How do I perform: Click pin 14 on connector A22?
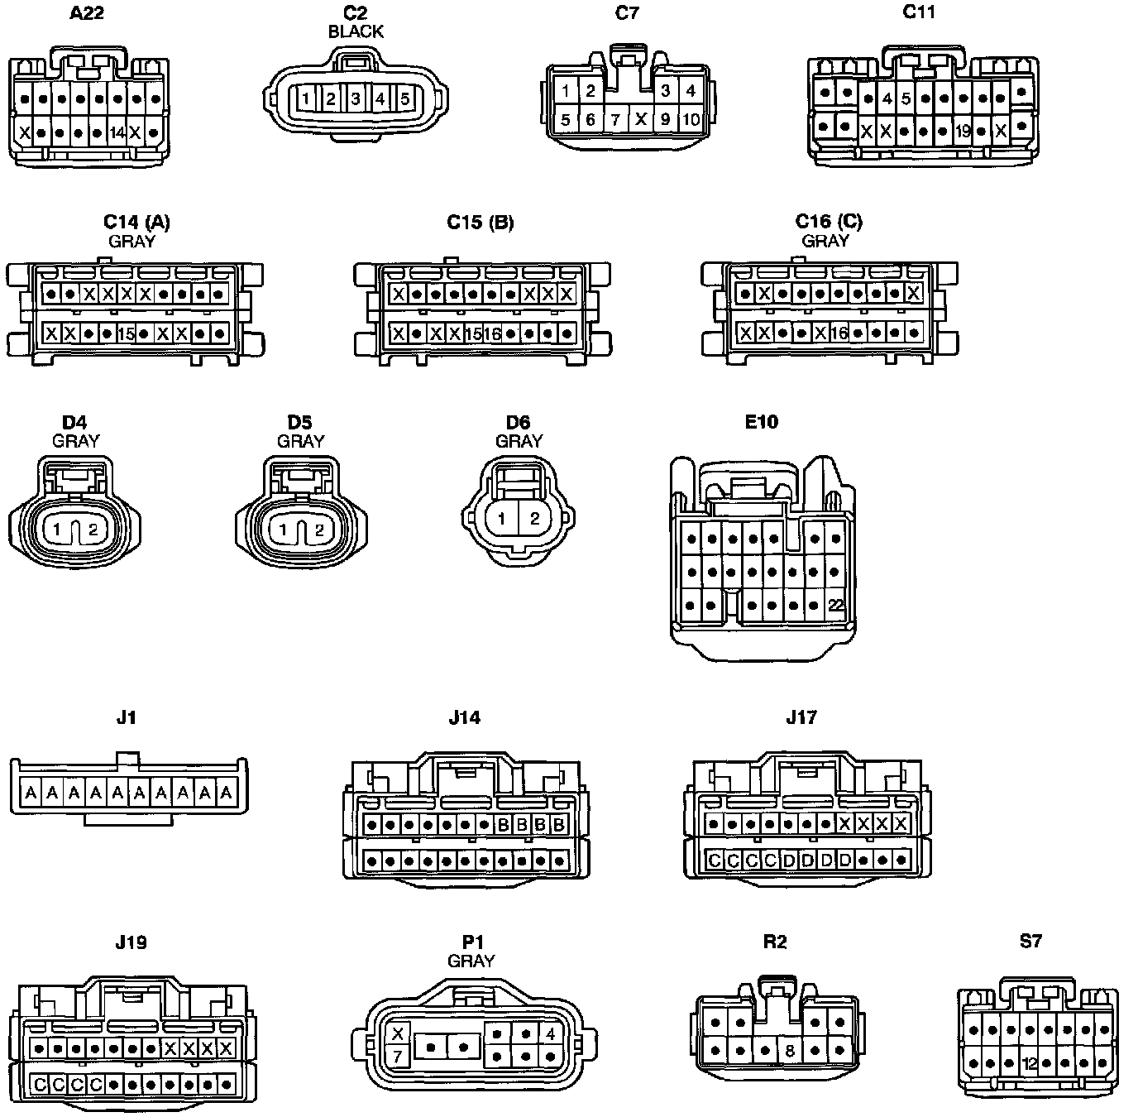[116, 132]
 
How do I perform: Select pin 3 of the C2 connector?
[355, 99]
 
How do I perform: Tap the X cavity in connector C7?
[640, 119]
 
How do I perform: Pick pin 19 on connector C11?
[962, 131]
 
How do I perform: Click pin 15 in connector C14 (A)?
[126, 334]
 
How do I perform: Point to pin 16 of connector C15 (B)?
[492, 334]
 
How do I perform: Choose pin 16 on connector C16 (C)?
[839, 333]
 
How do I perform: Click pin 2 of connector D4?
[93, 530]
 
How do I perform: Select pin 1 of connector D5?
[283, 530]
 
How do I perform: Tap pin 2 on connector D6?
[535, 520]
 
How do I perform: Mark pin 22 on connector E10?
[835, 606]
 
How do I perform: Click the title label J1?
[126, 717]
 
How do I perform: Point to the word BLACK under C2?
[356, 31]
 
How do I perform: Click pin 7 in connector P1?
[398, 1057]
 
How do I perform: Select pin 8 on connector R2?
[790, 1051]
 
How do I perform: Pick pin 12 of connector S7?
[1030, 1063]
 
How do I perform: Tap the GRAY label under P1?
[471, 961]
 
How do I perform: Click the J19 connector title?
[131, 942]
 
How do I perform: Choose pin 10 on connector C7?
[691, 119]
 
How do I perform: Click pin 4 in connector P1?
[550, 1033]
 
